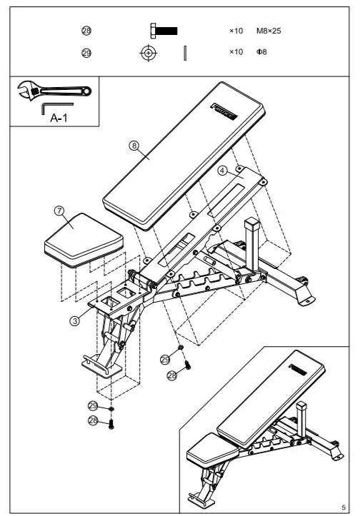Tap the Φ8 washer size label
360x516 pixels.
(261, 53)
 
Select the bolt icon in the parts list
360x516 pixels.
(164, 31)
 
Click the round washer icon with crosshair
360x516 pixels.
(148, 53)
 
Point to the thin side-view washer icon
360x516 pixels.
(184, 53)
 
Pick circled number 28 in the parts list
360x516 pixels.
(86, 31)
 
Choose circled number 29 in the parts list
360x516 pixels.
(86, 53)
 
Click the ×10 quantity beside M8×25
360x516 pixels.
(236, 31)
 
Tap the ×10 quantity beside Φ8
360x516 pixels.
(236, 53)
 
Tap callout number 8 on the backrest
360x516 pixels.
(134, 145)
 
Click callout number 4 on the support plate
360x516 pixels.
(222, 171)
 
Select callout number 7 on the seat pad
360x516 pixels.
(59, 211)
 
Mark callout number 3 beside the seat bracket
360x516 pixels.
(74, 320)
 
